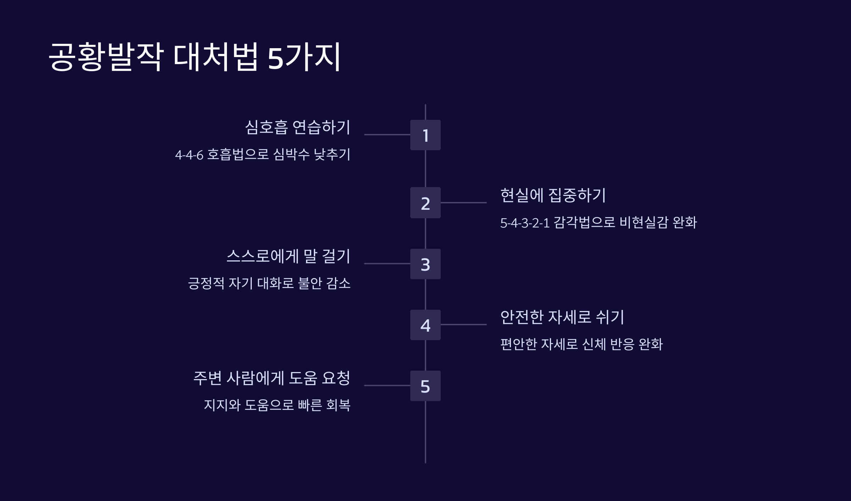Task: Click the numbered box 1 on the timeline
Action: pyautogui.click(x=425, y=135)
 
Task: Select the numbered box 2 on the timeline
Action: pyautogui.click(x=425, y=203)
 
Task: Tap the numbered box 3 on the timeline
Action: pyautogui.click(x=425, y=264)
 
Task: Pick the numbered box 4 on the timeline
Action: pyautogui.click(x=425, y=325)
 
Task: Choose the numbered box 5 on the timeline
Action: pyautogui.click(x=425, y=386)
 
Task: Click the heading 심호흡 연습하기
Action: pyautogui.click(x=297, y=127)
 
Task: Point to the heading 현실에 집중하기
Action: pyautogui.click(x=553, y=195)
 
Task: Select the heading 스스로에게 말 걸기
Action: pyautogui.click(x=288, y=256)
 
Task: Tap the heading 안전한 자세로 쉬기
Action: pyautogui.click(x=562, y=317)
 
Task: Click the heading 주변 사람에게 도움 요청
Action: pyautogui.click(x=272, y=378)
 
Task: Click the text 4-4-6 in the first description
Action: pyautogui.click(x=189, y=155)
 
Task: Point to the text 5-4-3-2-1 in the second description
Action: pyautogui.click(x=524, y=223)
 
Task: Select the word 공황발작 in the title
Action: pyautogui.click(x=106, y=57)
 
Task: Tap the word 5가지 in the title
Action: pyautogui.click(x=304, y=57)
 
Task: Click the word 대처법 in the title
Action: pyautogui.click(x=216, y=57)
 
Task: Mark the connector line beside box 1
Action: pyautogui.click(x=387, y=135)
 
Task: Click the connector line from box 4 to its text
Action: pyautogui.click(x=463, y=324)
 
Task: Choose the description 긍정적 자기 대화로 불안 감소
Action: pyautogui.click(x=269, y=283)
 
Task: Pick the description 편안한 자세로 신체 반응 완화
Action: pyautogui.click(x=581, y=344)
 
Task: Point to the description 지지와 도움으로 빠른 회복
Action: pyautogui.click(x=277, y=405)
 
